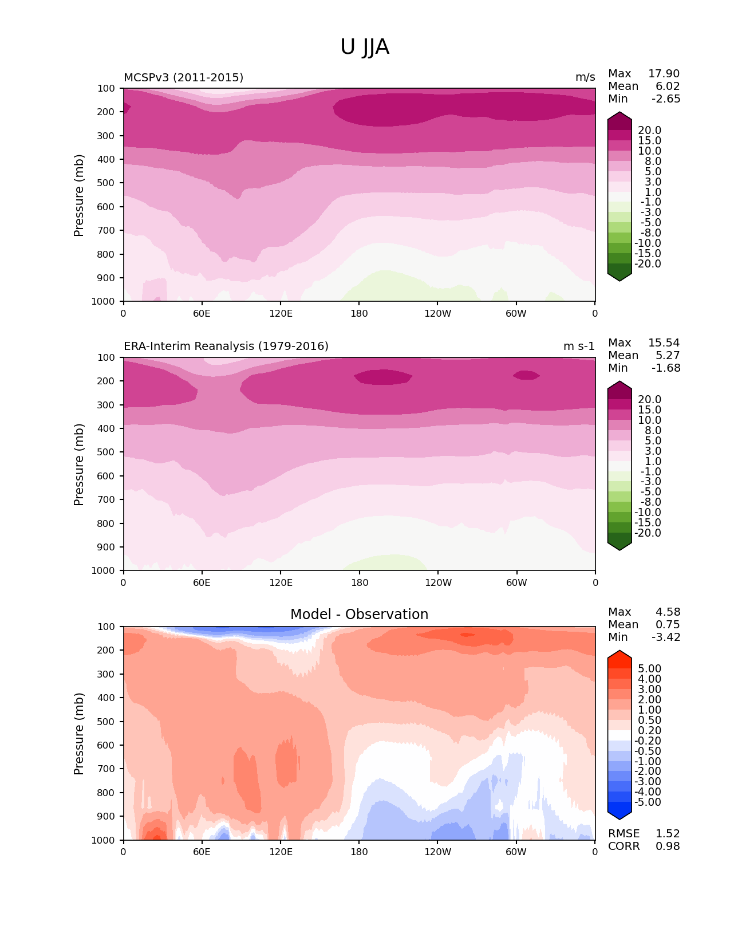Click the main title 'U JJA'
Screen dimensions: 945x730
(x=365, y=47)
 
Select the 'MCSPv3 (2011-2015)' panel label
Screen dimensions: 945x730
(x=183, y=77)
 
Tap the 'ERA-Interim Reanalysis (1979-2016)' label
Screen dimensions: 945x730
(x=226, y=346)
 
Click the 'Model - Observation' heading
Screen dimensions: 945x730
(x=359, y=615)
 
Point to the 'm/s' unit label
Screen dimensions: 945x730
(x=585, y=77)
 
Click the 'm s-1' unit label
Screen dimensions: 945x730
(x=579, y=346)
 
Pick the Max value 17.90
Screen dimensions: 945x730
(x=664, y=74)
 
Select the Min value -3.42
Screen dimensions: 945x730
(x=666, y=637)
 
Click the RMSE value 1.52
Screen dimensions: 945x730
(x=668, y=834)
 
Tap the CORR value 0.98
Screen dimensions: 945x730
(x=668, y=846)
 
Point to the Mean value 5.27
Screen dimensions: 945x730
(x=668, y=356)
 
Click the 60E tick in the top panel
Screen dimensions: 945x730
(x=202, y=313)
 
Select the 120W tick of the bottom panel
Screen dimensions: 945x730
(x=437, y=852)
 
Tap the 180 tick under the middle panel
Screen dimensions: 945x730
(x=360, y=582)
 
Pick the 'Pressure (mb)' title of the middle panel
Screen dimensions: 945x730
(x=79, y=464)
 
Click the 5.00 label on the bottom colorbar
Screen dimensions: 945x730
(x=649, y=669)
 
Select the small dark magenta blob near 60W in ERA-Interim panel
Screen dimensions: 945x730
(x=526, y=375)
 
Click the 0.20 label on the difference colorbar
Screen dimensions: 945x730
(x=649, y=731)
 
